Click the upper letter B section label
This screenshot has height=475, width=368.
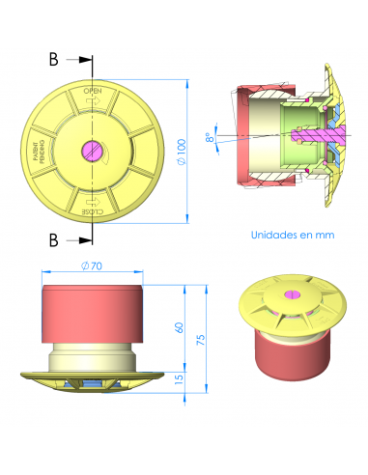pyautogui.click(x=54, y=60)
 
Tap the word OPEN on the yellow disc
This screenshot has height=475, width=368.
pyautogui.click(x=93, y=92)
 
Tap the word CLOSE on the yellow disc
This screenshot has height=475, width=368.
pyautogui.click(x=93, y=210)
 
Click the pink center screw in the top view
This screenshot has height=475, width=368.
pyautogui.click(x=93, y=150)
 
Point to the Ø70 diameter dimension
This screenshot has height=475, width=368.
pyautogui.click(x=92, y=265)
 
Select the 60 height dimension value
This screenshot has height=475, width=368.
pyautogui.click(x=178, y=327)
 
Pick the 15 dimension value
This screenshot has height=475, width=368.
pyautogui.click(x=178, y=381)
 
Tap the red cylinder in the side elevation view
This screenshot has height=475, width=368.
pyautogui.click(x=92, y=314)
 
